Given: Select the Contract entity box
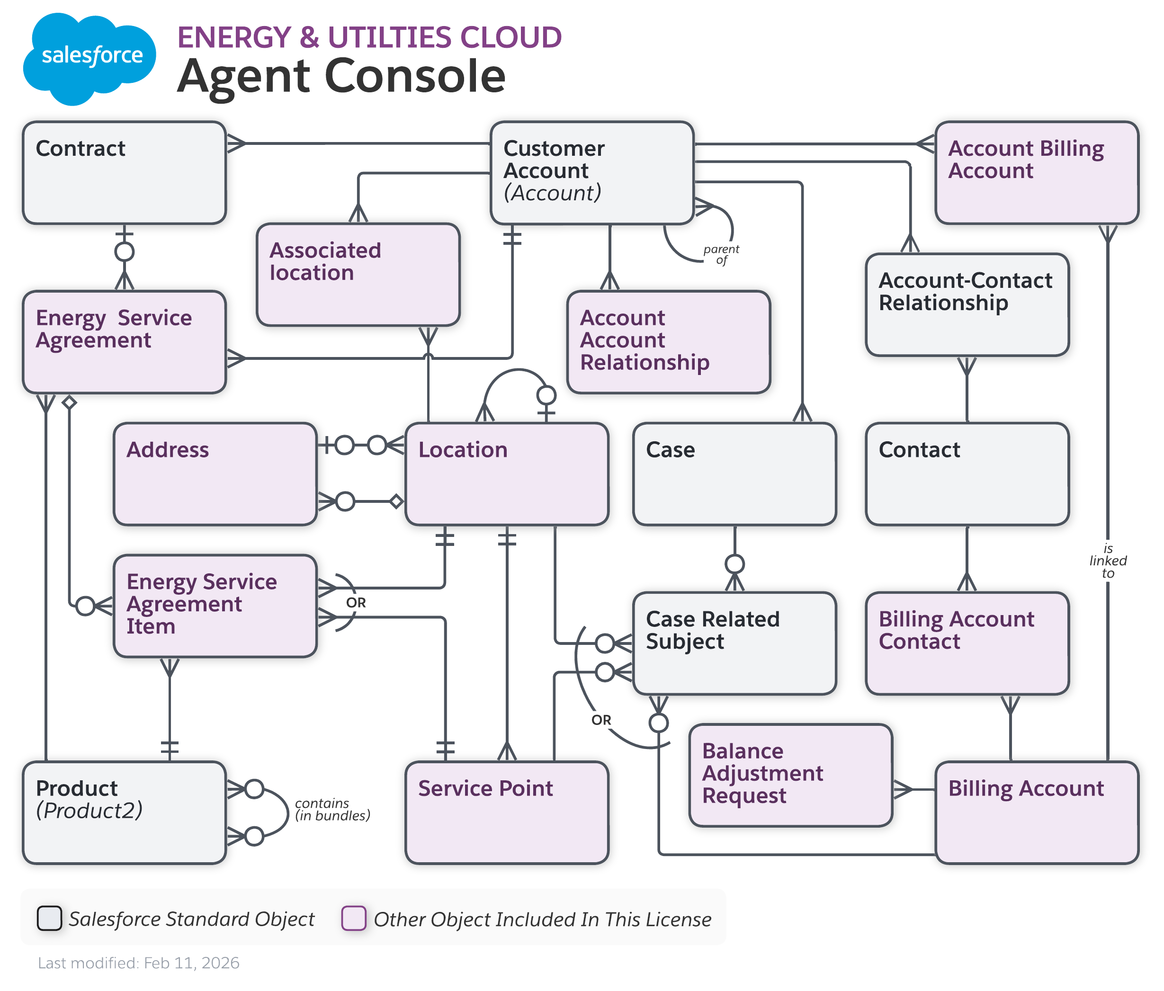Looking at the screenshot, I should (124, 173).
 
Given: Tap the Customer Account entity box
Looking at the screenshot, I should (591, 173).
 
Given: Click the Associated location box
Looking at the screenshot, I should (358, 275).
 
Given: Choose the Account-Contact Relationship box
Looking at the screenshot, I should (967, 304).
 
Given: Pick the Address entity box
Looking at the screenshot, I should (215, 474).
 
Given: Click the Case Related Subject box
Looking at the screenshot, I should (734, 643).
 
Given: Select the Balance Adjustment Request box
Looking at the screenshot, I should (790, 775).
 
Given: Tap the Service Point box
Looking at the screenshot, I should (507, 812).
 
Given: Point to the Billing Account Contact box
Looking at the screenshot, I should (967, 643).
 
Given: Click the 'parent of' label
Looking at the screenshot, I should (721, 254).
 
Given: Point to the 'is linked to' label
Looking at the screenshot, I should (1107, 561).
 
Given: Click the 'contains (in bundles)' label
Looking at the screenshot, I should (332, 810).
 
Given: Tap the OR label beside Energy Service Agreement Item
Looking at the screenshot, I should (356, 603).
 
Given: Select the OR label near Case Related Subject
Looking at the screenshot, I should (600, 720).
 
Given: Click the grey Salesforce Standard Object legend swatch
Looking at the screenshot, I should (49, 919).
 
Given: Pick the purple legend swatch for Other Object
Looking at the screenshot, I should (354, 919).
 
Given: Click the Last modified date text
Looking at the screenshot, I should (139, 963).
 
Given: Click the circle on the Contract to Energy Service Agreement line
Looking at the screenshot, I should (124, 252).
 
